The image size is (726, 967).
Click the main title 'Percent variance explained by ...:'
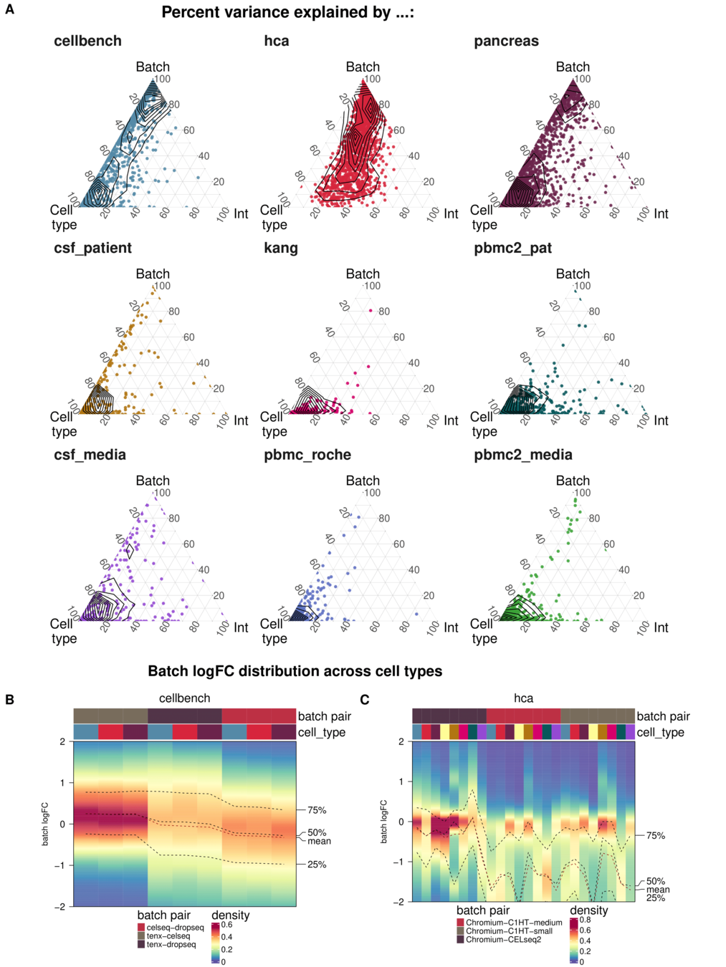pyautogui.click(x=287, y=12)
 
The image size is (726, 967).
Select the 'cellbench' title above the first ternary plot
pyautogui.click(x=87, y=41)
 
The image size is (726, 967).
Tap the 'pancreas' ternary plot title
pyautogui.click(x=506, y=41)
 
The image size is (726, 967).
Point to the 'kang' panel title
pyautogui.click(x=280, y=248)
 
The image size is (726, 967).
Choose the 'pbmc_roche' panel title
pyautogui.click(x=307, y=455)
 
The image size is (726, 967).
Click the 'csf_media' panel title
pyautogui.click(x=90, y=455)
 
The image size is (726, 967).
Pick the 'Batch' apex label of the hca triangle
pyautogui.click(x=363, y=67)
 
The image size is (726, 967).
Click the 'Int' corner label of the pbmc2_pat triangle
pyautogui.click(x=661, y=420)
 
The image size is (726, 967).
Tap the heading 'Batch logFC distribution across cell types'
pyautogui.click(x=295, y=671)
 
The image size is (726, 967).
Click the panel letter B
pyautogui.click(x=9, y=699)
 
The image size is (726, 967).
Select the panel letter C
pyautogui.click(x=364, y=699)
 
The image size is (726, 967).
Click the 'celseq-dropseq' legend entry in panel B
pyautogui.click(x=175, y=928)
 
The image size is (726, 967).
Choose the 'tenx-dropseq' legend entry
pyautogui.click(x=171, y=944)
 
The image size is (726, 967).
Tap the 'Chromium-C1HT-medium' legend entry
pyautogui.click(x=514, y=923)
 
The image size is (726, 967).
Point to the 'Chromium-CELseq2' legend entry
pyautogui.click(x=503, y=939)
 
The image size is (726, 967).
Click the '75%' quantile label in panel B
pyautogui.click(x=317, y=810)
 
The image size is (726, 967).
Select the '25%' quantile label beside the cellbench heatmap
pyautogui.click(x=317, y=865)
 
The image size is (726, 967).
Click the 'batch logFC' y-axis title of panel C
pyautogui.click(x=383, y=821)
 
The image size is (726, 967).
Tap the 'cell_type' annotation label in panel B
pyautogui.click(x=321, y=732)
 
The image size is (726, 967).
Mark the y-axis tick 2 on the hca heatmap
pyautogui.click(x=401, y=741)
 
